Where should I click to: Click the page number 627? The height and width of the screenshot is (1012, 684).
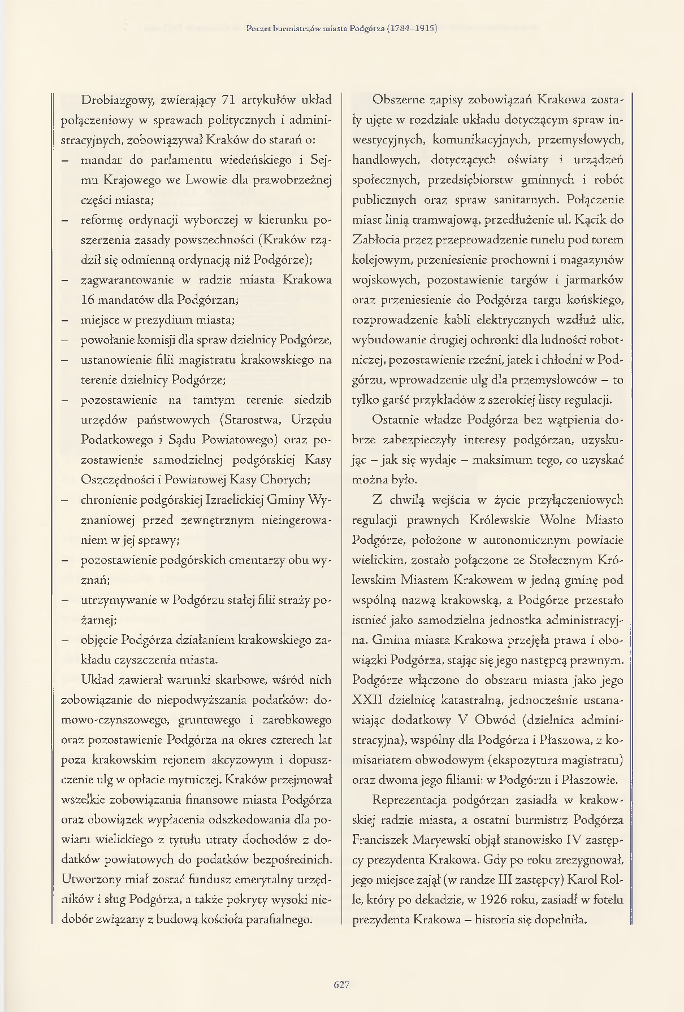pyautogui.click(x=341, y=984)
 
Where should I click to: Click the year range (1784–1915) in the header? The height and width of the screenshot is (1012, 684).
pyautogui.click(x=412, y=28)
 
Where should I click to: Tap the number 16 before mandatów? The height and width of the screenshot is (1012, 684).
pyautogui.click(x=88, y=300)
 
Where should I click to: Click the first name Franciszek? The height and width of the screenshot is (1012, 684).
pyautogui.click(x=380, y=840)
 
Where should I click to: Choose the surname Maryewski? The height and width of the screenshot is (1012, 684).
pyautogui.click(x=441, y=840)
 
